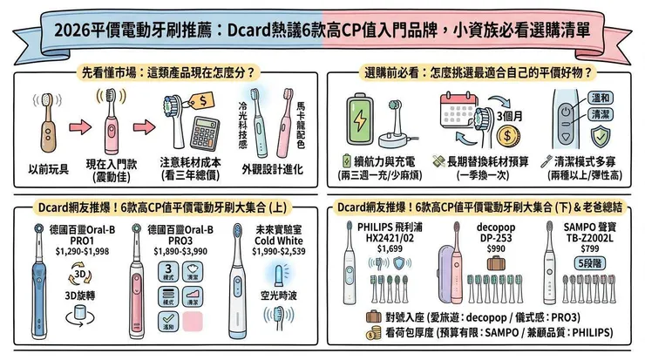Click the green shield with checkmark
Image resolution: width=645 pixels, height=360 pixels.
click(600, 137)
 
